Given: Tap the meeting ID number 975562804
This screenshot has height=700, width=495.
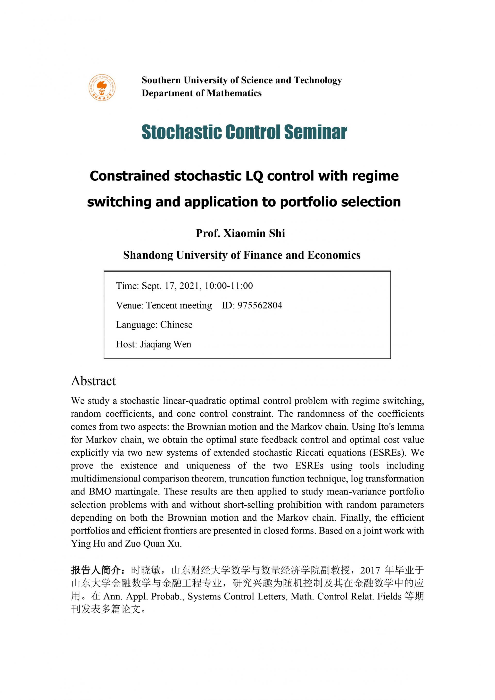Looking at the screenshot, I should coord(260,305).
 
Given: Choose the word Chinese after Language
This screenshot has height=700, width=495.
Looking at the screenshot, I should coord(176,325).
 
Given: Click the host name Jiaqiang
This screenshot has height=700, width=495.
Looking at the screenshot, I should coord(155,344).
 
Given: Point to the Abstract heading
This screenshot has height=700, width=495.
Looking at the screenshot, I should coord(93,381).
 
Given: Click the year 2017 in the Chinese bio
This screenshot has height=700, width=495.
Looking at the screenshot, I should coord(370,570).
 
